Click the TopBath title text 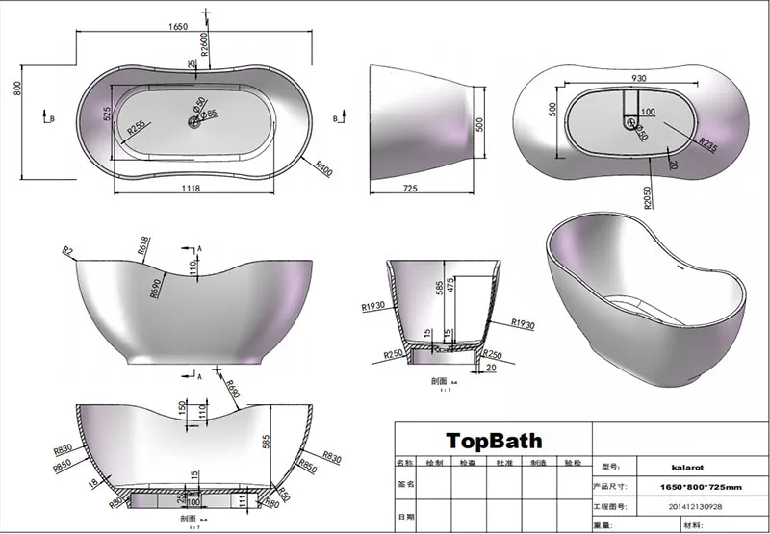(493, 442)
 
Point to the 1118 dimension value (191, 189)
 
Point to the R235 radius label (708, 146)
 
